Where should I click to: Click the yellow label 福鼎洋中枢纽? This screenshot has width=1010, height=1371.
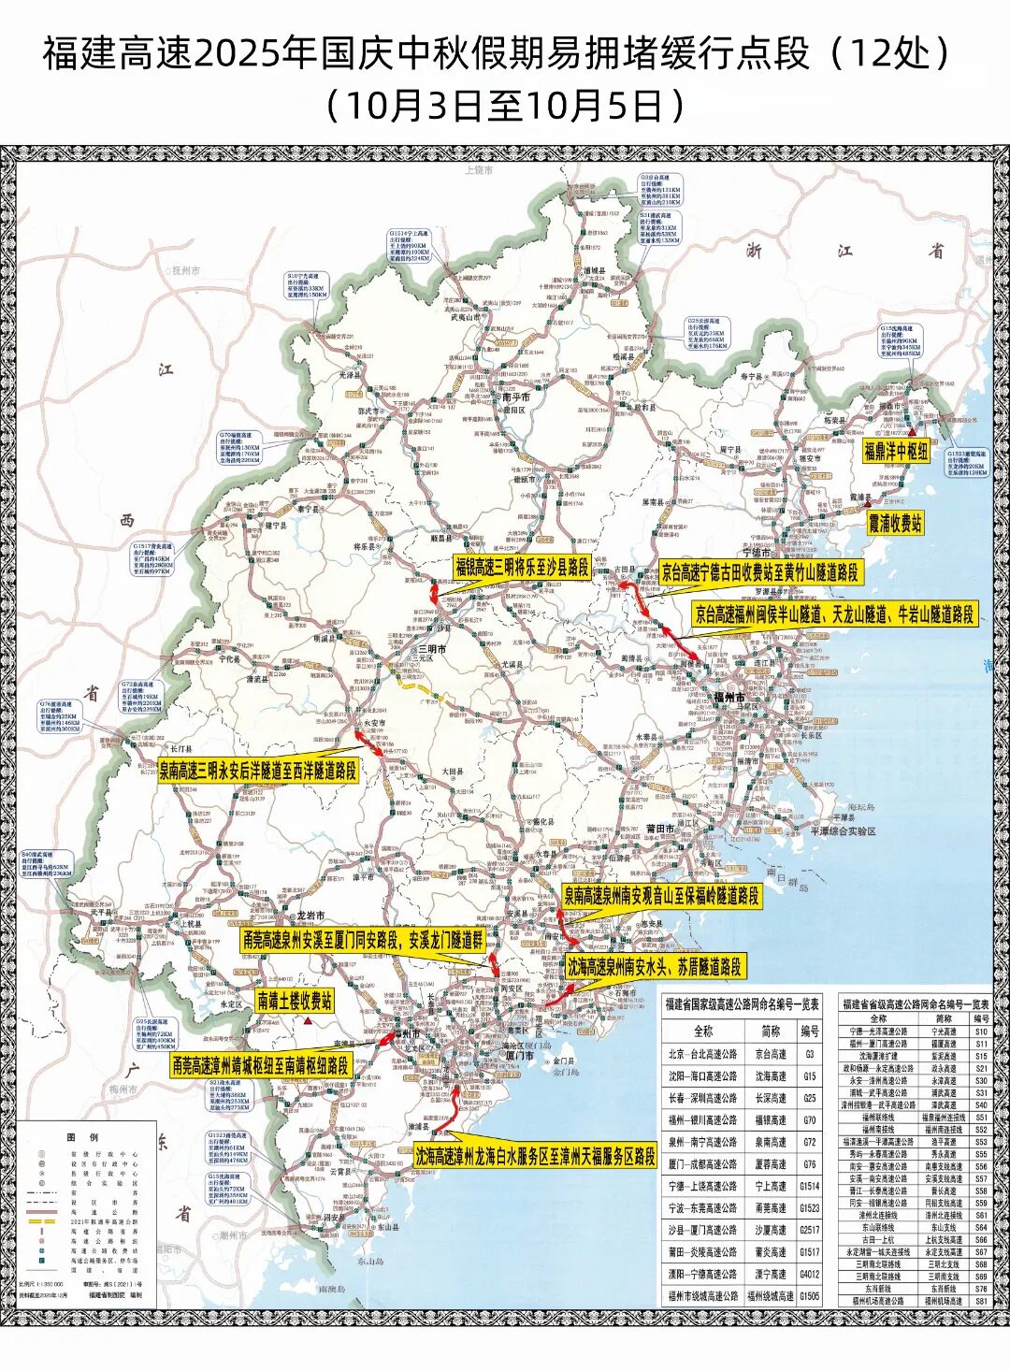pyautogui.click(x=895, y=451)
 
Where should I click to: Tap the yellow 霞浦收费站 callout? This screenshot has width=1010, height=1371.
pyautogui.click(x=895, y=524)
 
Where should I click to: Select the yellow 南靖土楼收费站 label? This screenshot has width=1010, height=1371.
pyautogui.click(x=295, y=1001)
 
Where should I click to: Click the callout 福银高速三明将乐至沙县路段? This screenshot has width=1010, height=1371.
pyautogui.click(x=522, y=567)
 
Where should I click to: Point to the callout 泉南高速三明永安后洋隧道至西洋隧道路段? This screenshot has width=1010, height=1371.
pyautogui.click(x=257, y=771)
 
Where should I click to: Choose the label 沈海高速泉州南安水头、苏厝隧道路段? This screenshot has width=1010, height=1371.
pyautogui.click(x=655, y=966)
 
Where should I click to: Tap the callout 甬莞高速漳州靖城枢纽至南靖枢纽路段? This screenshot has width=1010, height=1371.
pyautogui.click(x=260, y=1064)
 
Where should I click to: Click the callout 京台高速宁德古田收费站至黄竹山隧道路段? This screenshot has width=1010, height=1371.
pyautogui.click(x=759, y=571)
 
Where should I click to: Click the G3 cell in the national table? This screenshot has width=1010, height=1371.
pyautogui.click(x=809, y=1053)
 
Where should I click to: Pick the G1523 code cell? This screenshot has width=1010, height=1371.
pyautogui.click(x=809, y=1208)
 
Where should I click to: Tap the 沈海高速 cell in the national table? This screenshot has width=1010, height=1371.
pyautogui.click(x=771, y=1076)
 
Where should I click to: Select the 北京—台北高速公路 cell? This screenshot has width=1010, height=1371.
pyautogui.click(x=702, y=1054)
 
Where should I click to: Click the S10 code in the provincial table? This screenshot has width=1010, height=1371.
pyautogui.click(x=980, y=1032)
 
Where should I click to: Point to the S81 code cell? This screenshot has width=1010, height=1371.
pyautogui.click(x=980, y=1301)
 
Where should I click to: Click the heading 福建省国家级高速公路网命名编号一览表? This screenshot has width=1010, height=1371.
pyautogui.click(x=742, y=1004)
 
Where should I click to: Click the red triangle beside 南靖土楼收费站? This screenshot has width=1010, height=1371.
pyautogui.click(x=307, y=1021)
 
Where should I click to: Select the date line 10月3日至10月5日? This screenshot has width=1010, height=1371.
pyautogui.click(x=505, y=105)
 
